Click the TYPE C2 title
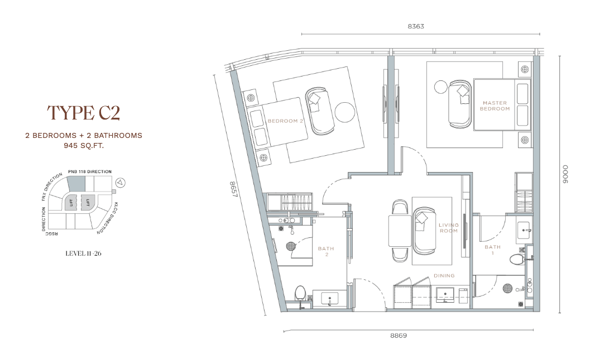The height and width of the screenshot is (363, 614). tap(83, 113)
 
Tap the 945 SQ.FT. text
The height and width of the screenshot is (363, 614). tap(84, 146)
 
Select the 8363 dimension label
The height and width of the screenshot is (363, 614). tap(416, 26)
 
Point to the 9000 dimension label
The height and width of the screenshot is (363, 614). tap(565, 174)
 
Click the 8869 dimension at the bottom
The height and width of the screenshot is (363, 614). tap(399, 336)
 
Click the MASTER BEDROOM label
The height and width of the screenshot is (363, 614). tap(495, 106)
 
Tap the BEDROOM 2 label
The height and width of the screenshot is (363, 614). tap(285, 121)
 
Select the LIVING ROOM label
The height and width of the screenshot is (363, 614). tap(448, 228)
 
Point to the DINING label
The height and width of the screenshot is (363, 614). tap(444, 276)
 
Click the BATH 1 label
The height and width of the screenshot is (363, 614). tap(493, 250)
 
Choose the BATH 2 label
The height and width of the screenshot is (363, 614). tap(326, 251)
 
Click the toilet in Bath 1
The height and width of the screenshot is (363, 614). tap(517, 259)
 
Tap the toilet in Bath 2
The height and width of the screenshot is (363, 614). tap(300, 293)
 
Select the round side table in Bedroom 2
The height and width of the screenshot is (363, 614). tap(345, 112)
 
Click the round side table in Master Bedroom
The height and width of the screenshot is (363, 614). tap(441, 87)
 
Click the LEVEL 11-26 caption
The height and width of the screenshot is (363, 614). tap(83, 254)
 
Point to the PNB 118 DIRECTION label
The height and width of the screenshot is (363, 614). tap(90, 171)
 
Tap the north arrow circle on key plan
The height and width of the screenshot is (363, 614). tap(121, 182)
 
